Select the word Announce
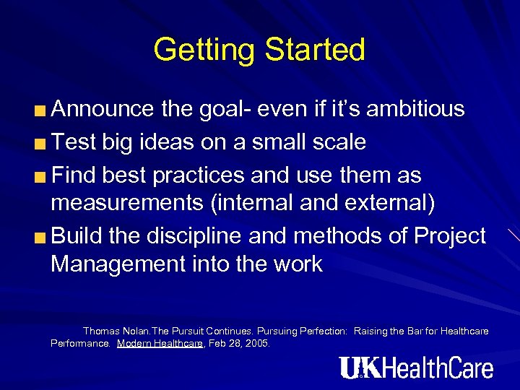pyautogui.click(x=103, y=109)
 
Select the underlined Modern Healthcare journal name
pyautogui.click(x=160, y=344)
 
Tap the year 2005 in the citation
pyautogui.click(x=257, y=344)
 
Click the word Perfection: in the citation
pyautogui.click(x=322, y=331)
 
